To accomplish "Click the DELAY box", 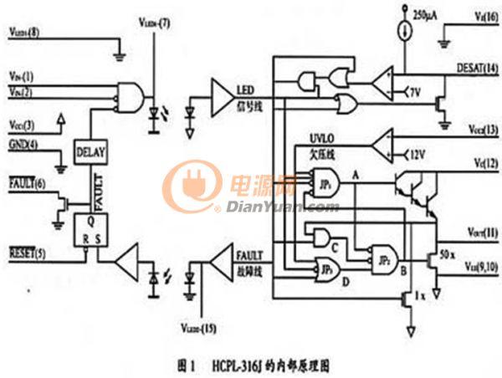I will tap(90, 153).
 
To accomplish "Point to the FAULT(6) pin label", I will tap(28, 181).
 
